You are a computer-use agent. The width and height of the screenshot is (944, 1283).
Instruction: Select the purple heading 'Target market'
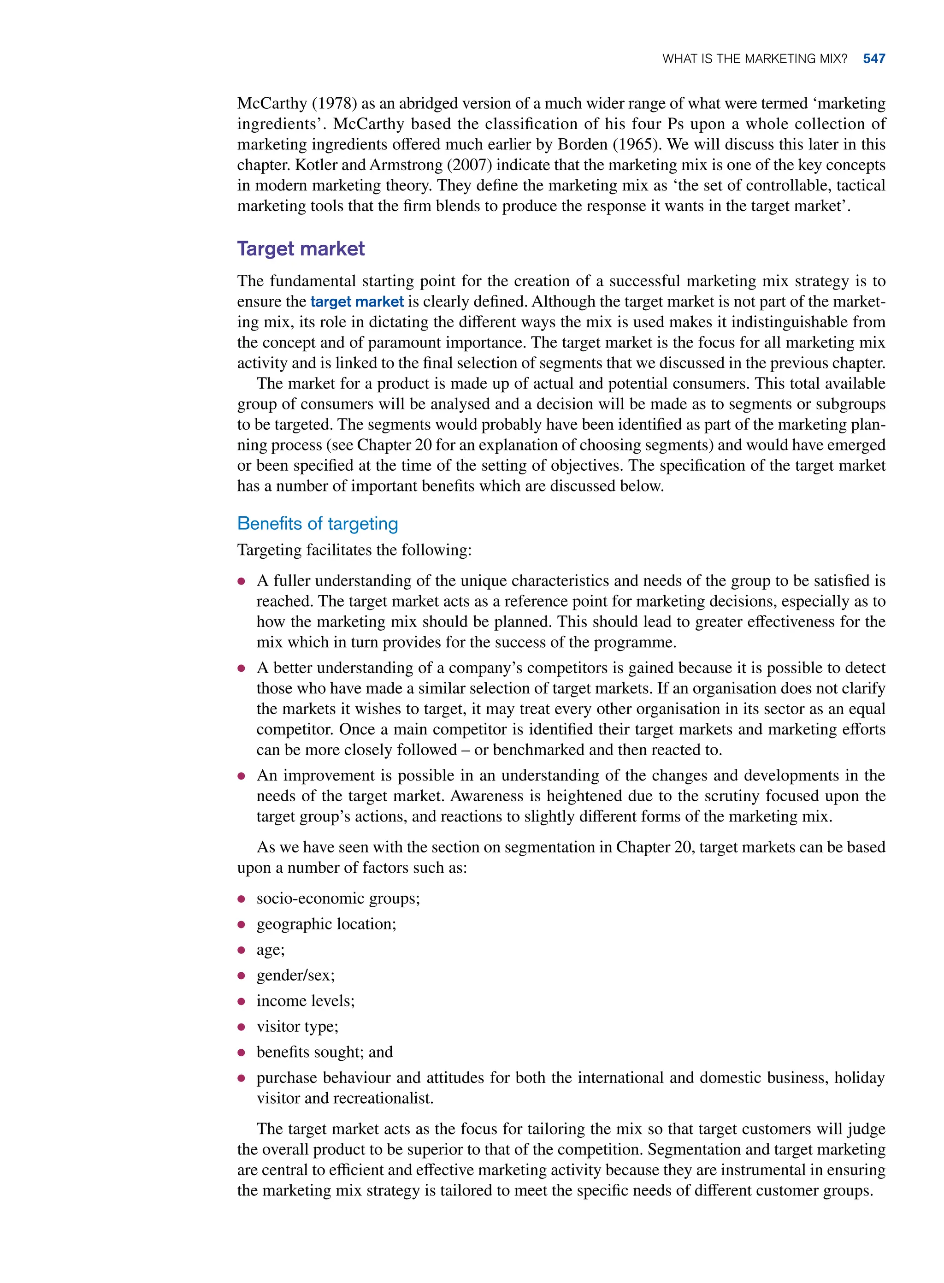tap(301, 248)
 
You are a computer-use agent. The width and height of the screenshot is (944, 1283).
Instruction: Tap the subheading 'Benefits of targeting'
tap(317, 524)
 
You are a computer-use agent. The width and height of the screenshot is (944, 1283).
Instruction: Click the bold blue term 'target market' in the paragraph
tap(357, 302)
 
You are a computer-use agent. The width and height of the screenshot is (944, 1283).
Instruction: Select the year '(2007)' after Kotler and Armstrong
tap(469, 165)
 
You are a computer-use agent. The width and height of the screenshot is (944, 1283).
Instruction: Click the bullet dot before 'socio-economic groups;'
tap(241, 899)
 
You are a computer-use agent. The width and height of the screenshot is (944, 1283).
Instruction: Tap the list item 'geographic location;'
tap(326, 924)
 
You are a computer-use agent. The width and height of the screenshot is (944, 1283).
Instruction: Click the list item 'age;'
tap(270, 950)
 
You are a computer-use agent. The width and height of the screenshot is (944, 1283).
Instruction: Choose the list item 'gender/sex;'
tap(295, 975)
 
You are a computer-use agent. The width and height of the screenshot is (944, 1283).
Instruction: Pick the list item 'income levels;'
tap(305, 1001)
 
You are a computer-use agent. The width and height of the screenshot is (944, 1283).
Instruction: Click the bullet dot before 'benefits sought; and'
tap(241, 1052)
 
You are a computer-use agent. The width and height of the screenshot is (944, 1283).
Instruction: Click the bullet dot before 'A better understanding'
tap(241, 668)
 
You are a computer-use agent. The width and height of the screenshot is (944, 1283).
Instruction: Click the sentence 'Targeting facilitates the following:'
tap(354, 550)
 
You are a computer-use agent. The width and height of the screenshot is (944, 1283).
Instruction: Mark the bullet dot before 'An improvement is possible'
tap(241, 776)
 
